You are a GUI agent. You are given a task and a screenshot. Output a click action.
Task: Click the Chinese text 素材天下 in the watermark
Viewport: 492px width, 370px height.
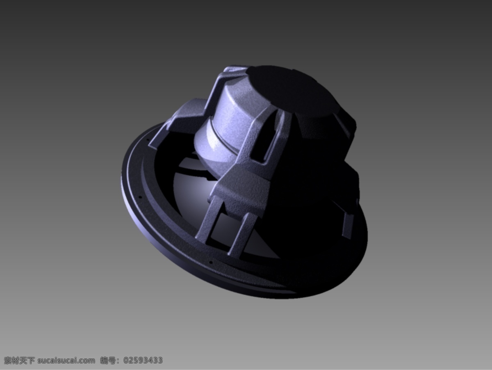pos(20,360)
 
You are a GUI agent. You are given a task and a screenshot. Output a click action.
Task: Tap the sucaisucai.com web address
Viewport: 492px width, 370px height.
pos(66,361)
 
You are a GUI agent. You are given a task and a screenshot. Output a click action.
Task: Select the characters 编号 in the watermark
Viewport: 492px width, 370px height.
pos(108,360)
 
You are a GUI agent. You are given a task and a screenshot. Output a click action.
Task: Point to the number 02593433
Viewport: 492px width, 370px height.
pos(143,360)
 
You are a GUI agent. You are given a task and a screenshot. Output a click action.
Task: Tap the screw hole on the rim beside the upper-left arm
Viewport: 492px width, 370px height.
pos(148,140)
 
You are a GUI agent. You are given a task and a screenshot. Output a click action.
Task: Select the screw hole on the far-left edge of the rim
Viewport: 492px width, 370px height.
pos(141,197)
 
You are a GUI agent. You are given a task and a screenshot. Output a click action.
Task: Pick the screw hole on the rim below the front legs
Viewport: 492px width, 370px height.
pos(210,262)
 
